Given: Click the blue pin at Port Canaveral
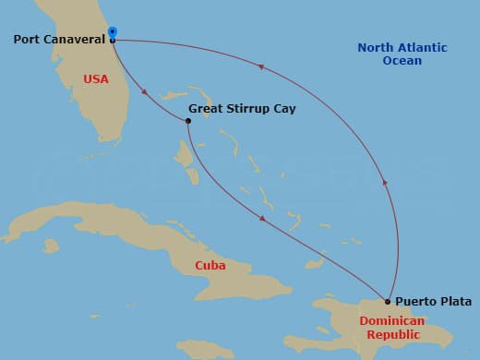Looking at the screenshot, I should coord(112,34).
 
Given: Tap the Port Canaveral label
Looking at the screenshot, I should coord(59,40).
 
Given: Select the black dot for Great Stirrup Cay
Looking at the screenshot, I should coord(188,120).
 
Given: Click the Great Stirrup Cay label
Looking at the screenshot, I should coord(242,109).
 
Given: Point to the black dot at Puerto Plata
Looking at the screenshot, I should coord(388,301).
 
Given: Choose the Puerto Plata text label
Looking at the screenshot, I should coord(433,302).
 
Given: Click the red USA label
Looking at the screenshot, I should coord(95,79).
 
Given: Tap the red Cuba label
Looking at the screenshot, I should coord(210,266).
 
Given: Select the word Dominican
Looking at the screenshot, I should coord(392,321).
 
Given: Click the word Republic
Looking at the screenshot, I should coord(392,336).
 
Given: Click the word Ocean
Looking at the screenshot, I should coord(402,61).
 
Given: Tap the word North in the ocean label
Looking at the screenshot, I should coord(376,48).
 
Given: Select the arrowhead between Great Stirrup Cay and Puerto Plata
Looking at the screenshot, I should coord(263,219).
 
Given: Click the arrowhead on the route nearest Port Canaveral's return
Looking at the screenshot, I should coord(262,67).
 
